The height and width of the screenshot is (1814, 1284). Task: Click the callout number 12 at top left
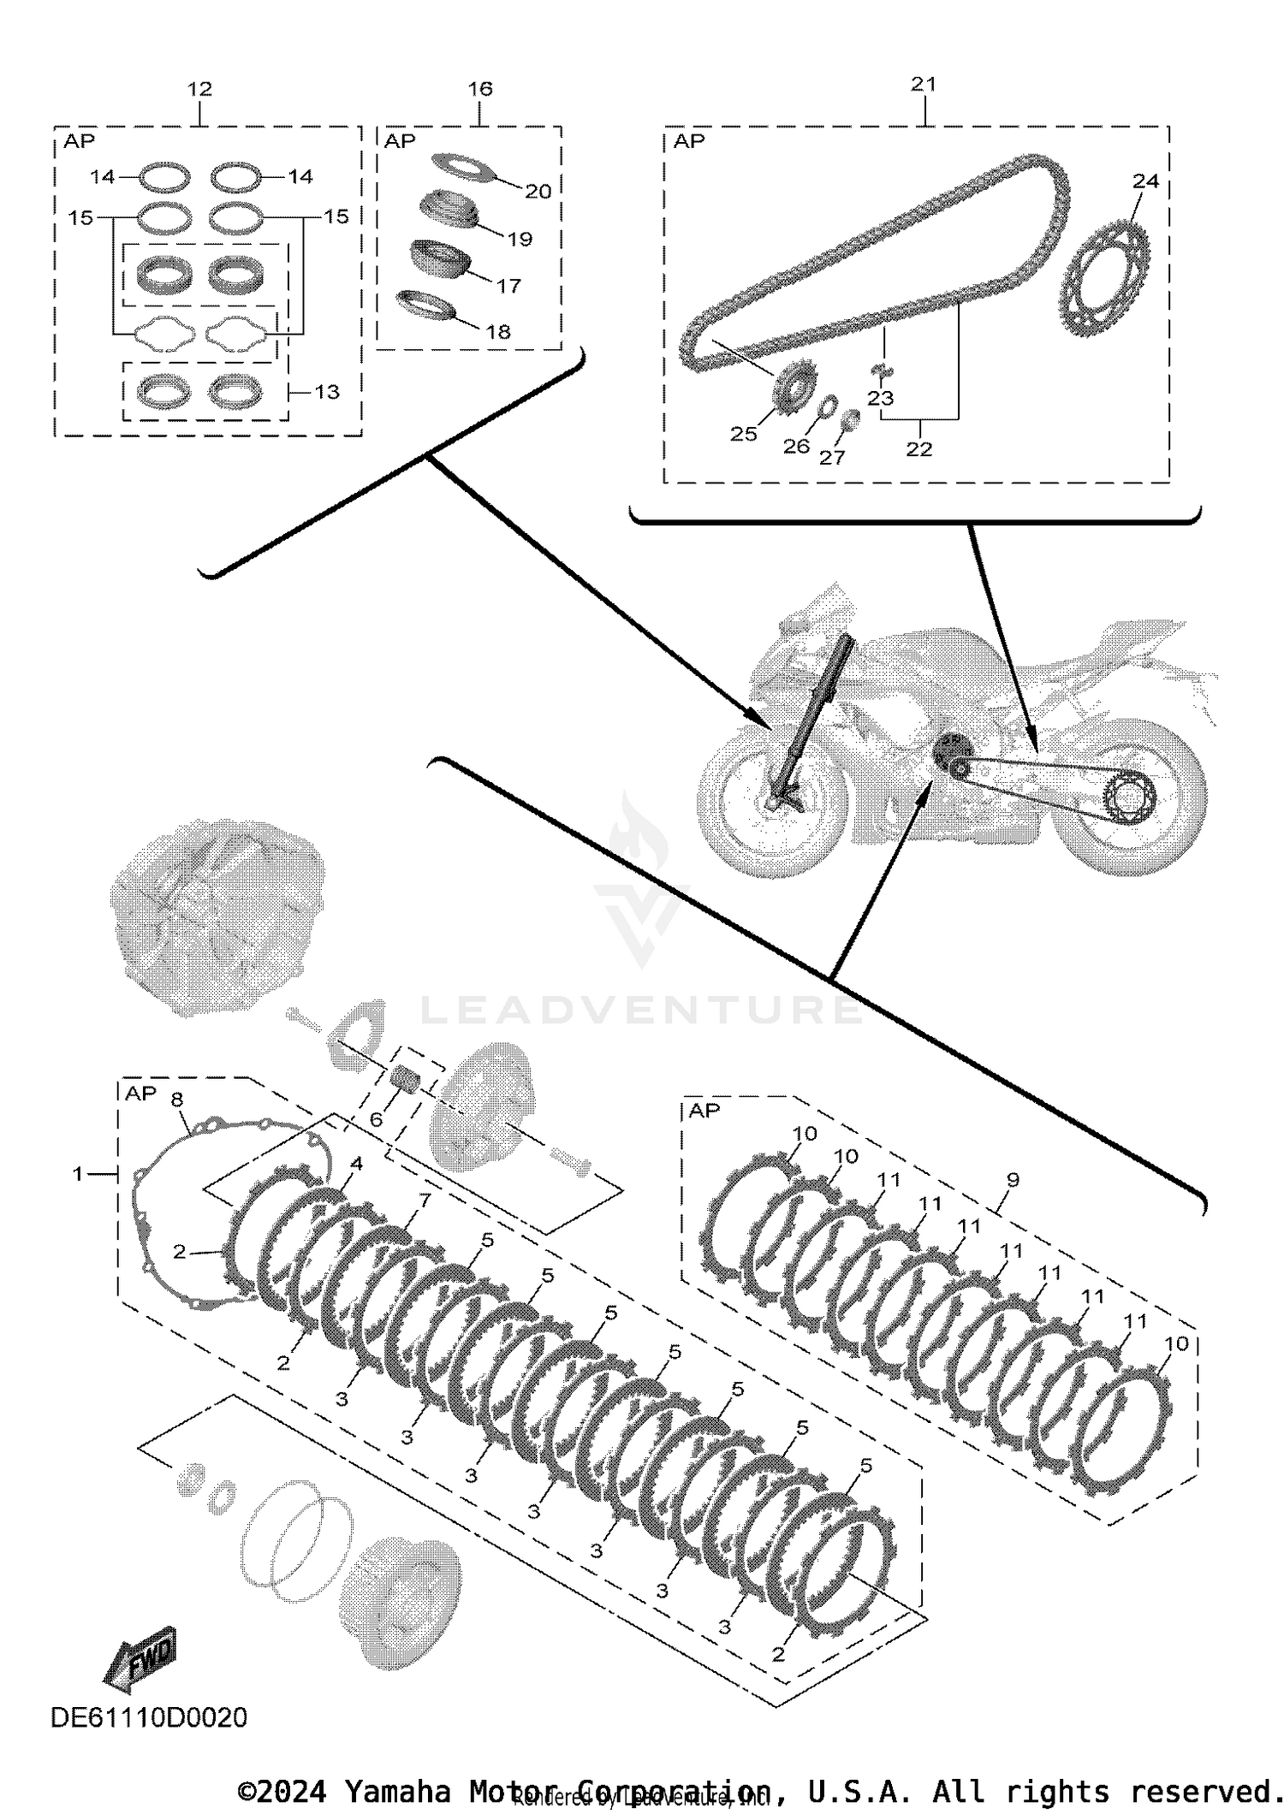coord(199,89)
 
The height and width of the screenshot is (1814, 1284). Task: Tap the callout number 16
coord(480,89)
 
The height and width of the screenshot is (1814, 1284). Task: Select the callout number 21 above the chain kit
coord(924,84)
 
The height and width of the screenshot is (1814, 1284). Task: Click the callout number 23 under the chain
coord(880,398)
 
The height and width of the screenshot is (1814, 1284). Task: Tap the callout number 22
coord(918,448)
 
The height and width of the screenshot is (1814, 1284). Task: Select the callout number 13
coord(327,392)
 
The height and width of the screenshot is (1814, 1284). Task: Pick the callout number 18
coord(498,331)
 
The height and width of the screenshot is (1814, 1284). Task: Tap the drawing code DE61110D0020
coord(149,1717)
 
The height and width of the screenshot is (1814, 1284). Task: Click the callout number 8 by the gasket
coord(177,1099)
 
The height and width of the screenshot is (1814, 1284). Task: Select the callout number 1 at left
coord(78,1174)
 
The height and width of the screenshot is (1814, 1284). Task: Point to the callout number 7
coord(425,1200)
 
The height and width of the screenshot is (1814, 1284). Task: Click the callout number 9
coord(1013,1179)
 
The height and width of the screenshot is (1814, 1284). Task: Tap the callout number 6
coord(376,1119)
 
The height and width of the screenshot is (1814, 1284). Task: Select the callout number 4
coord(356,1163)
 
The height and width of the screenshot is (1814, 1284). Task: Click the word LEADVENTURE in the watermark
coord(642,1010)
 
